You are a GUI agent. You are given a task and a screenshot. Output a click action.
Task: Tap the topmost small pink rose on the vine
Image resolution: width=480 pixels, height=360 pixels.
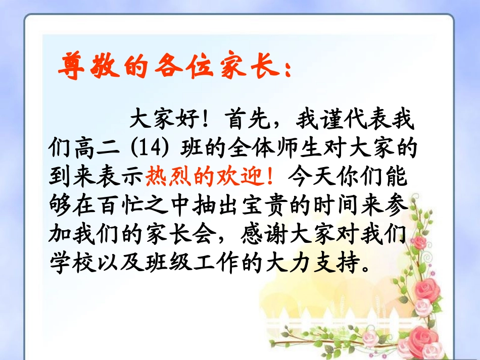click(418, 242)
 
